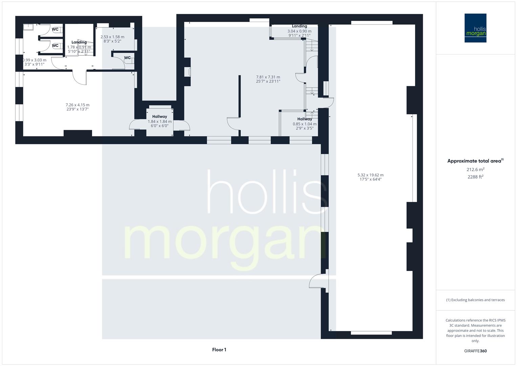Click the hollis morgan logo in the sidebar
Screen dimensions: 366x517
475,28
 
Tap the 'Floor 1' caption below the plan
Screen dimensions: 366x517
219,350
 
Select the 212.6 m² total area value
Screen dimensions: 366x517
475,169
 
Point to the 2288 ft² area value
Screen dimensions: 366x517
475,177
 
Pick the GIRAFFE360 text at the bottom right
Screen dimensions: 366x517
475,351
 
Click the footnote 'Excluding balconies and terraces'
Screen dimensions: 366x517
475,300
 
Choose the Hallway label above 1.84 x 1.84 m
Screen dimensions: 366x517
159,117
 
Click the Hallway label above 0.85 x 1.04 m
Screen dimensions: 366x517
304,119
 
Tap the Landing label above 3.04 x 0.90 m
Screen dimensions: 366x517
299,26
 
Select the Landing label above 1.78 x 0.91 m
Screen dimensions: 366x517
79,42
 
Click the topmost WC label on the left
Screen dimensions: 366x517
55,29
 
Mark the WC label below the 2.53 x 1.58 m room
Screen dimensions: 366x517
127,58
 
